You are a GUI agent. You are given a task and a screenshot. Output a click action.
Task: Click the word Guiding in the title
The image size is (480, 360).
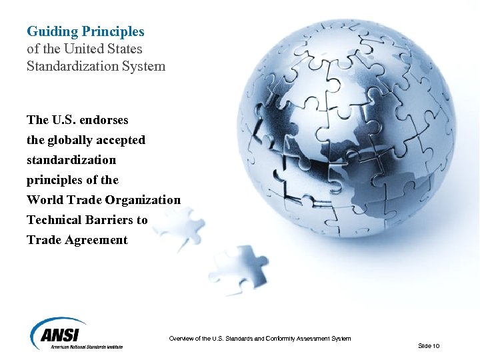pyautogui.click(x=44, y=32)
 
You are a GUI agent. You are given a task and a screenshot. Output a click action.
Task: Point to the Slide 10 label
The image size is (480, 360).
pyautogui.click(x=428, y=346)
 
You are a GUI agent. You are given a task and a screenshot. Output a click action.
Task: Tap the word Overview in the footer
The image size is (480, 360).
pyautogui.click(x=182, y=339)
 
